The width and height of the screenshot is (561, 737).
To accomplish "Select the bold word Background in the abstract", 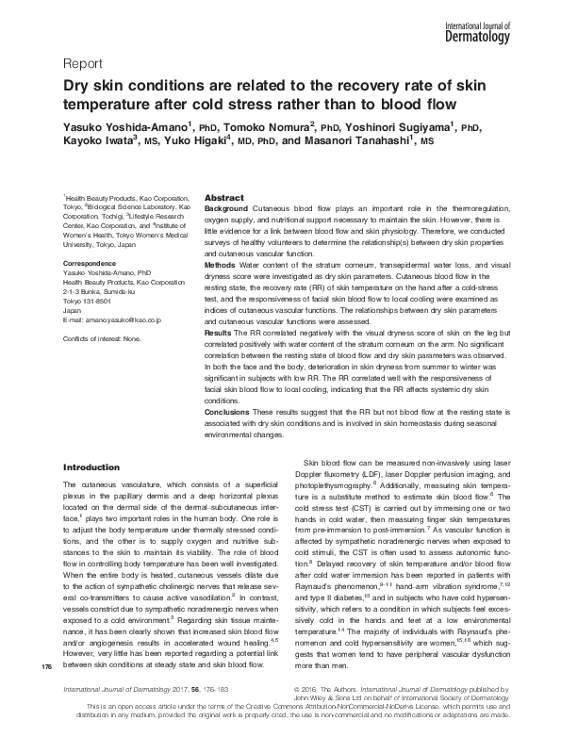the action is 226,206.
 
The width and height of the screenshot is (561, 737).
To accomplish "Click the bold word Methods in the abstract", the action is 221,267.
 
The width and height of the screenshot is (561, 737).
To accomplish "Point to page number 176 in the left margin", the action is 47,695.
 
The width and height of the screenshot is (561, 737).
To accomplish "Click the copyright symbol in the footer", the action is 299,713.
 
